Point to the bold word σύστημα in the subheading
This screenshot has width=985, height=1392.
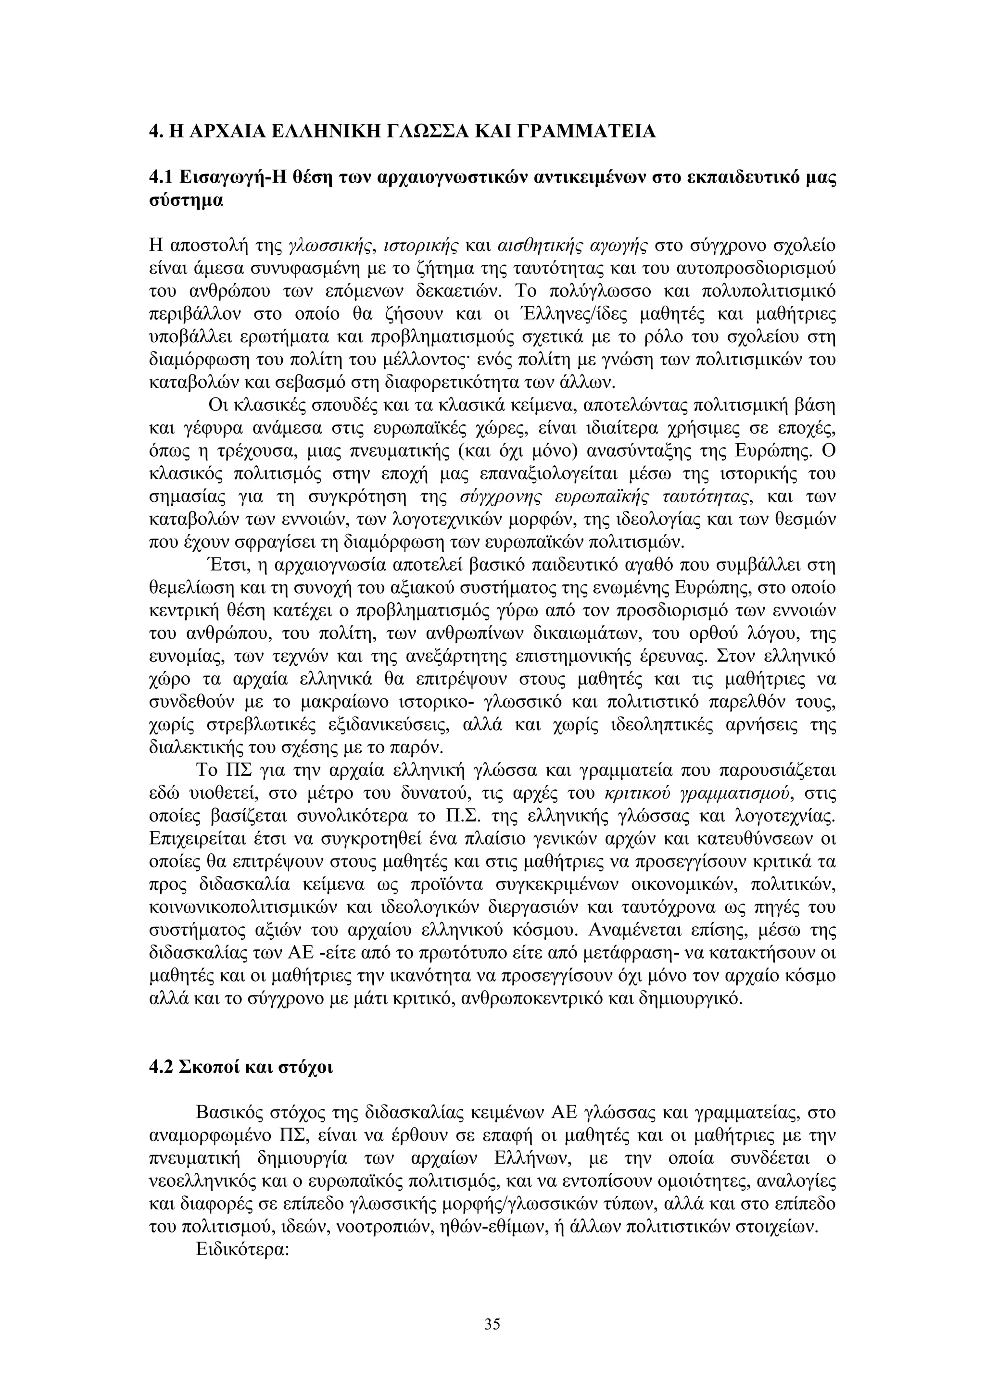pyautogui.click(x=186, y=200)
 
